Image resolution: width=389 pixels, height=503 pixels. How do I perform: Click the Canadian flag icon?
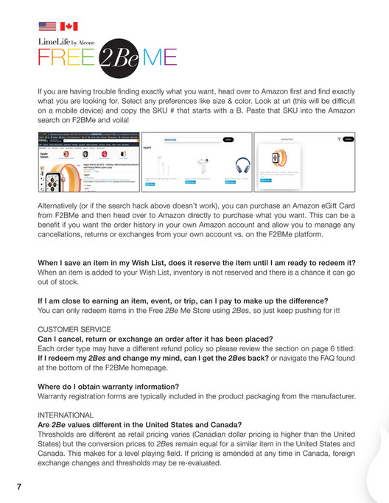point(69,27)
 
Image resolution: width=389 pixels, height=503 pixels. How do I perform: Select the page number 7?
point(18,487)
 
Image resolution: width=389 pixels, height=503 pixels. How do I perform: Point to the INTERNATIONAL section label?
point(64,415)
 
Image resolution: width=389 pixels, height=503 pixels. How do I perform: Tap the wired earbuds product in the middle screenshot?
point(198,166)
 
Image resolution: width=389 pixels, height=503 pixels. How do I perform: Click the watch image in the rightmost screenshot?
point(281,163)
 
